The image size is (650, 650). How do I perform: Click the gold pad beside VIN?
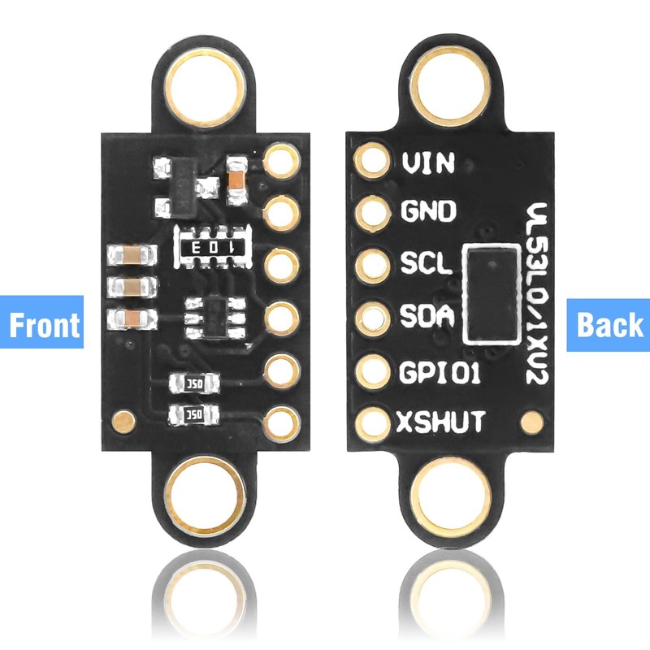pyautogui.click(x=375, y=161)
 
